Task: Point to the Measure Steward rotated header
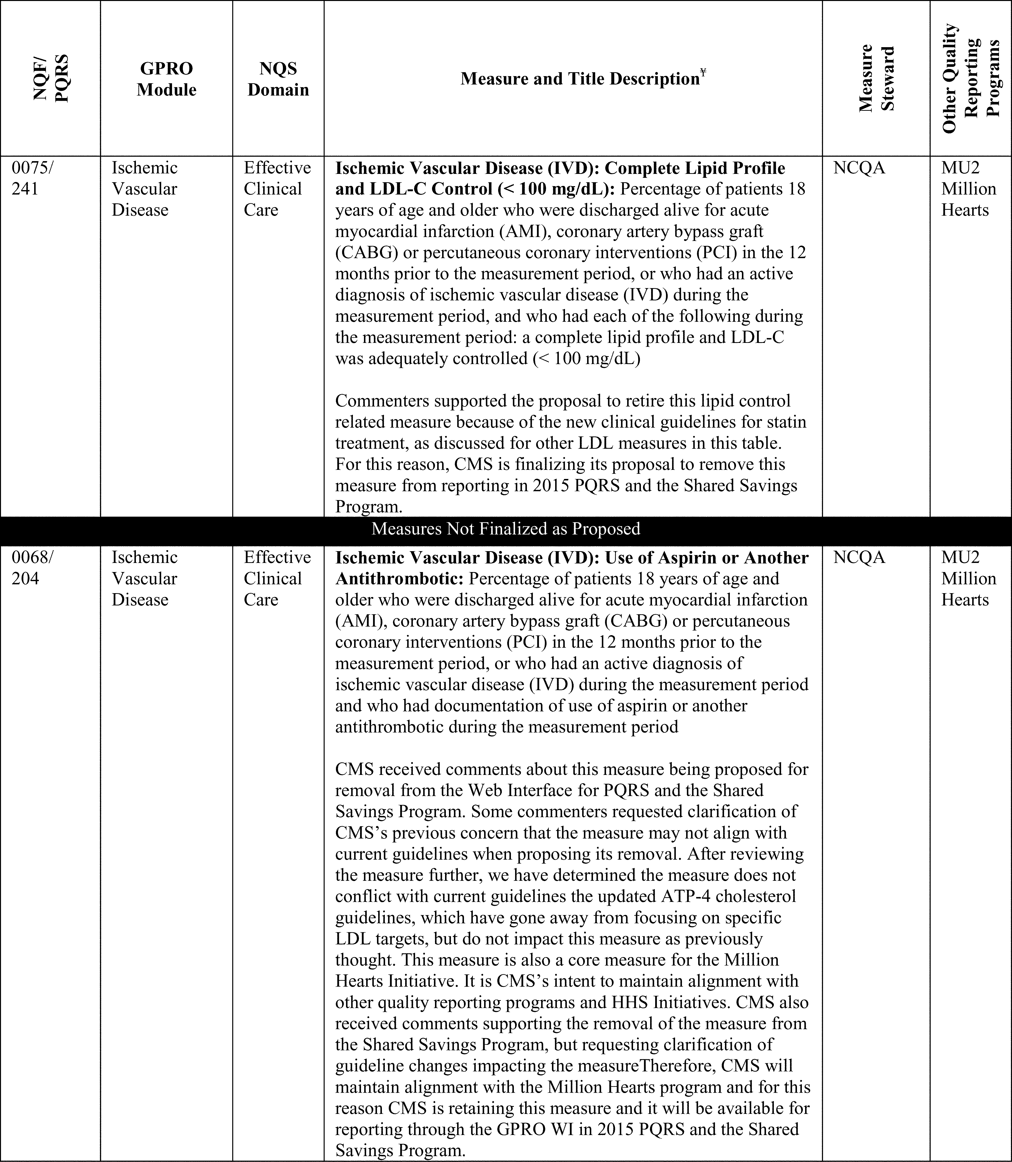coord(876,78)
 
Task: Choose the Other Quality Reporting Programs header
coord(970,78)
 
